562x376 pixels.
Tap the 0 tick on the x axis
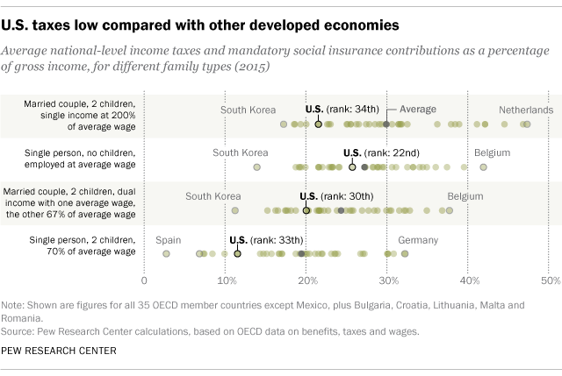tap(144, 280)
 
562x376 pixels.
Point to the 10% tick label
tap(226, 280)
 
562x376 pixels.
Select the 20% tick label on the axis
tap(306, 280)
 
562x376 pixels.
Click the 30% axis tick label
tap(388, 280)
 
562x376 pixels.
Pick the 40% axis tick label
tap(469, 280)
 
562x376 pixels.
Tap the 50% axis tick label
tap(550, 280)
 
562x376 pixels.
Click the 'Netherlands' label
tap(526, 110)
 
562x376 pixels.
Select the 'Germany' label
tap(418, 239)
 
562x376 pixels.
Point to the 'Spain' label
tap(169, 239)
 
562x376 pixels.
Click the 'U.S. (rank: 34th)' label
tap(342, 110)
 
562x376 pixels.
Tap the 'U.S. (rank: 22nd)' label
tap(381, 153)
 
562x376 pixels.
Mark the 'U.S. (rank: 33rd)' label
tap(265, 239)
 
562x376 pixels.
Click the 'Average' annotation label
tap(418, 110)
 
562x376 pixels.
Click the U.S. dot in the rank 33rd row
tap(237, 254)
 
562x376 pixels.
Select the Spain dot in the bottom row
tap(166, 253)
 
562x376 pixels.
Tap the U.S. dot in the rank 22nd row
tap(352, 167)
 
